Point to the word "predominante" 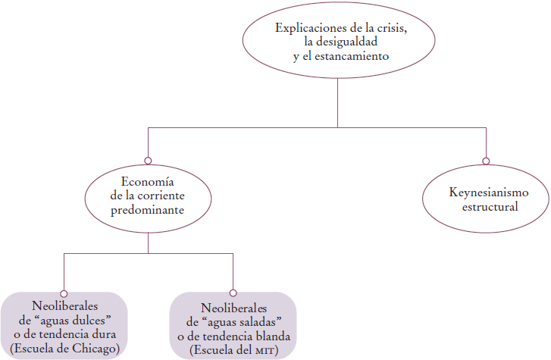pyautogui.click(x=148, y=211)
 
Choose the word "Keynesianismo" pyautogui.click(x=486, y=193)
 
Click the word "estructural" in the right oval pyautogui.click(x=486, y=207)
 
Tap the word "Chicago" pyautogui.click(x=96, y=349)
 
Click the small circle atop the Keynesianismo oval pyautogui.click(x=485, y=160)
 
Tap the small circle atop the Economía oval pyautogui.click(x=148, y=160)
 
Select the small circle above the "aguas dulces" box pyautogui.click(x=64, y=292)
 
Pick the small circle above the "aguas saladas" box pyautogui.click(x=233, y=292)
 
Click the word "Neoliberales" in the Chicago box pyautogui.click(x=64, y=308)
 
